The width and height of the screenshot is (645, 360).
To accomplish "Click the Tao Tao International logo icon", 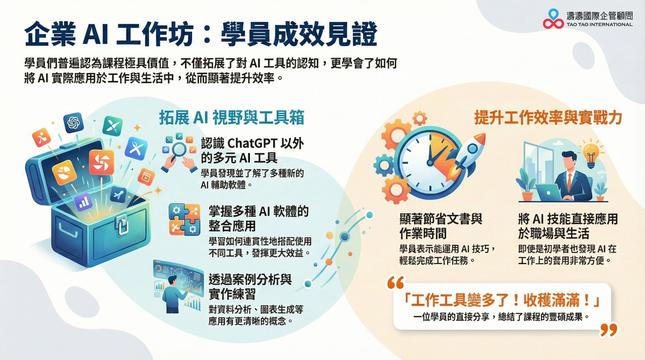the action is coord(553,19).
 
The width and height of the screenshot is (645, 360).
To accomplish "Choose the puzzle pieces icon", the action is coord(184,219).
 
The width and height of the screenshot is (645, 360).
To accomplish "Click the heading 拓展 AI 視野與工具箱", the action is coord(231,118).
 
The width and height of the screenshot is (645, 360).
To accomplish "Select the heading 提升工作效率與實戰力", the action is coord(548,118).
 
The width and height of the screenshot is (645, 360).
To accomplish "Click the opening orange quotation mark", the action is coord(396,283).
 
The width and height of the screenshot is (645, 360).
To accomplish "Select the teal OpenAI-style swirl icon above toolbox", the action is coord(74,122).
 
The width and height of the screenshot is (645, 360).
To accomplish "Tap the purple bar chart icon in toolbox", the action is coord(83,202).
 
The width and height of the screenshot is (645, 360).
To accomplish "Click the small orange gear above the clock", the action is coord(420,118).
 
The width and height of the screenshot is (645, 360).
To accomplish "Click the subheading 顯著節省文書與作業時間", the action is coord(441,226).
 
